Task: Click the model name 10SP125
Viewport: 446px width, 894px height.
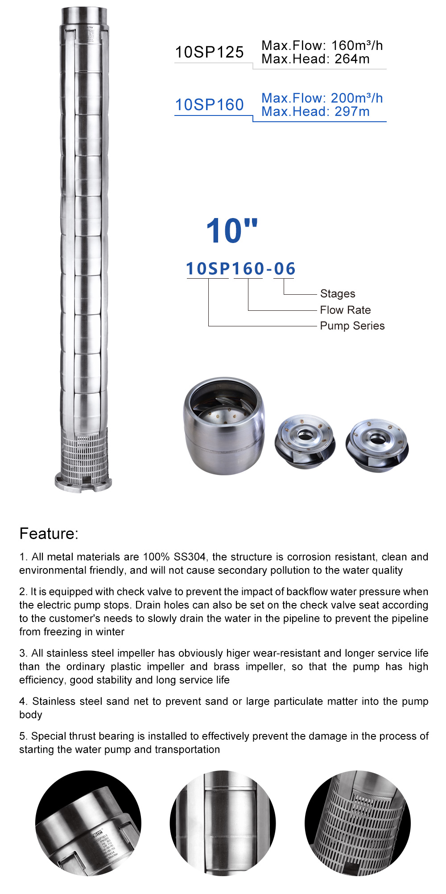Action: (x=209, y=52)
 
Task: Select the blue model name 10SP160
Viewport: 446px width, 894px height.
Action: (x=209, y=105)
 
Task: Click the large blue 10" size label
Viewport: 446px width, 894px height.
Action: (x=231, y=231)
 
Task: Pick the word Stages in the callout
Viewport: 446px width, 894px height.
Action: (x=338, y=294)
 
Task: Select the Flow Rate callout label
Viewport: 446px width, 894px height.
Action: (x=345, y=310)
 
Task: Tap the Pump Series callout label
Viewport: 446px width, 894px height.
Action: (x=352, y=326)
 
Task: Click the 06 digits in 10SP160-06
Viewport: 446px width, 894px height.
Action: (x=284, y=269)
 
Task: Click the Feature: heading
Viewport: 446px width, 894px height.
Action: (x=49, y=534)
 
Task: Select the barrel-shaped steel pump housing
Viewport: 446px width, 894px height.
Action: (x=224, y=426)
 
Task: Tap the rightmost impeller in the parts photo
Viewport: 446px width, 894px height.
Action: (x=377, y=444)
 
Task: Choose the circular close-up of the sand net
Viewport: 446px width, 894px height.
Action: (x=357, y=823)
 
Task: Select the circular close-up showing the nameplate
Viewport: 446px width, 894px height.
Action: (x=88, y=823)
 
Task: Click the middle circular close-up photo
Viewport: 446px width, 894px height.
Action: (x=223, y=823)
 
